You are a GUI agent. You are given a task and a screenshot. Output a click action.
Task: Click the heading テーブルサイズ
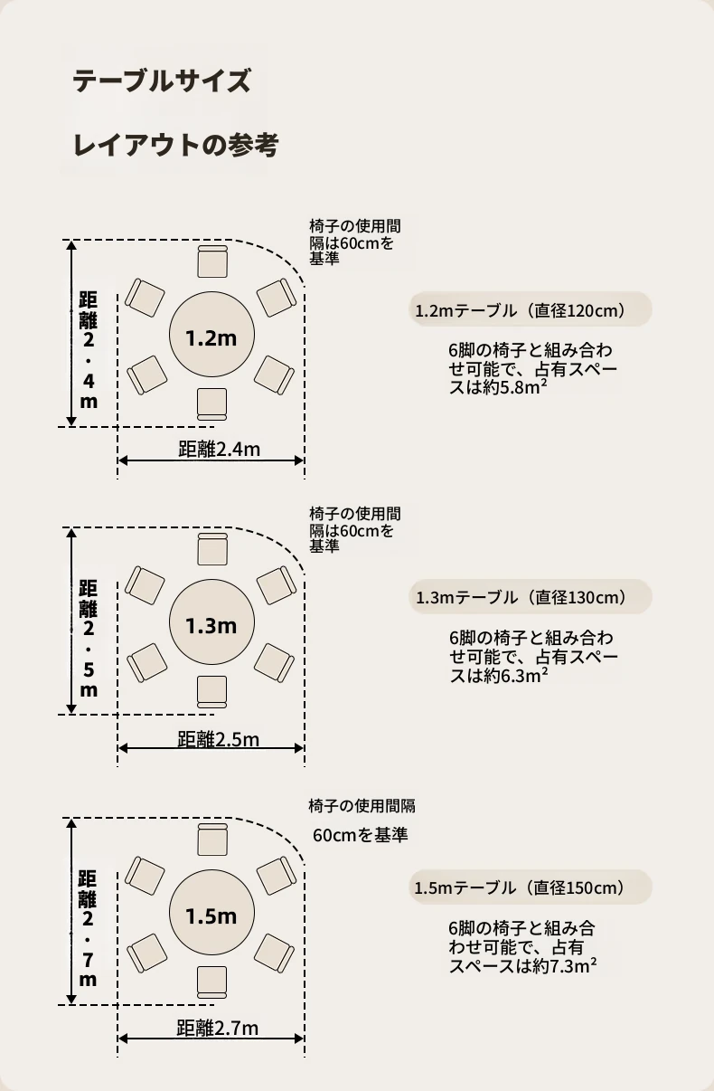click(x=161, y=81)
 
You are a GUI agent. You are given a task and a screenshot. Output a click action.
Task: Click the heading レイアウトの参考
click(x=175, y=145)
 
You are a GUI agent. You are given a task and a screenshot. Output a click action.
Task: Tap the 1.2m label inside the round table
click(x=211, y=338)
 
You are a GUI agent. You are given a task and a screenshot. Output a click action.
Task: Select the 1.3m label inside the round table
click(x=211, y=625)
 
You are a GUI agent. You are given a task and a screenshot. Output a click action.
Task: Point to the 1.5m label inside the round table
click(x=211, y=915)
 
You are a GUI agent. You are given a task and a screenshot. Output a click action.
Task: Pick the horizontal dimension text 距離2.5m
click(x=219, y=739)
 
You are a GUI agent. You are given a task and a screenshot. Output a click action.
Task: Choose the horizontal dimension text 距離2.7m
click(x=218, y=1029)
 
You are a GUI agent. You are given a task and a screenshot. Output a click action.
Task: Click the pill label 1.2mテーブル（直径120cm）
click(x=531, y=310)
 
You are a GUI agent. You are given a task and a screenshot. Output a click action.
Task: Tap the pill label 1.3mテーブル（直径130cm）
click(x=531, y=598)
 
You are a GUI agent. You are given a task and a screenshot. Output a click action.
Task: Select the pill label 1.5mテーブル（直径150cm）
click(x=531, y=887)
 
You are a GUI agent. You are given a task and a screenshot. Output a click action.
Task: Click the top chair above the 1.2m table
click(x=212, y=261)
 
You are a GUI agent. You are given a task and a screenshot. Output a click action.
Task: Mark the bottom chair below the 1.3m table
click(x=211, y=691)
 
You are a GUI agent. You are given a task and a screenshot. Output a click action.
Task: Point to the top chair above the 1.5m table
click(x=211, y=839)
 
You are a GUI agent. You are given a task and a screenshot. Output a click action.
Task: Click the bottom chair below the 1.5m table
click(x=211, y=982)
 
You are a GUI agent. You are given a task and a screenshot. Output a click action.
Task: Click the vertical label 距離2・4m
click(x=89, y=349)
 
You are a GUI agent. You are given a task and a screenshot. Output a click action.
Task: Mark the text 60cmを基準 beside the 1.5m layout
click(x=361, y=835)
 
